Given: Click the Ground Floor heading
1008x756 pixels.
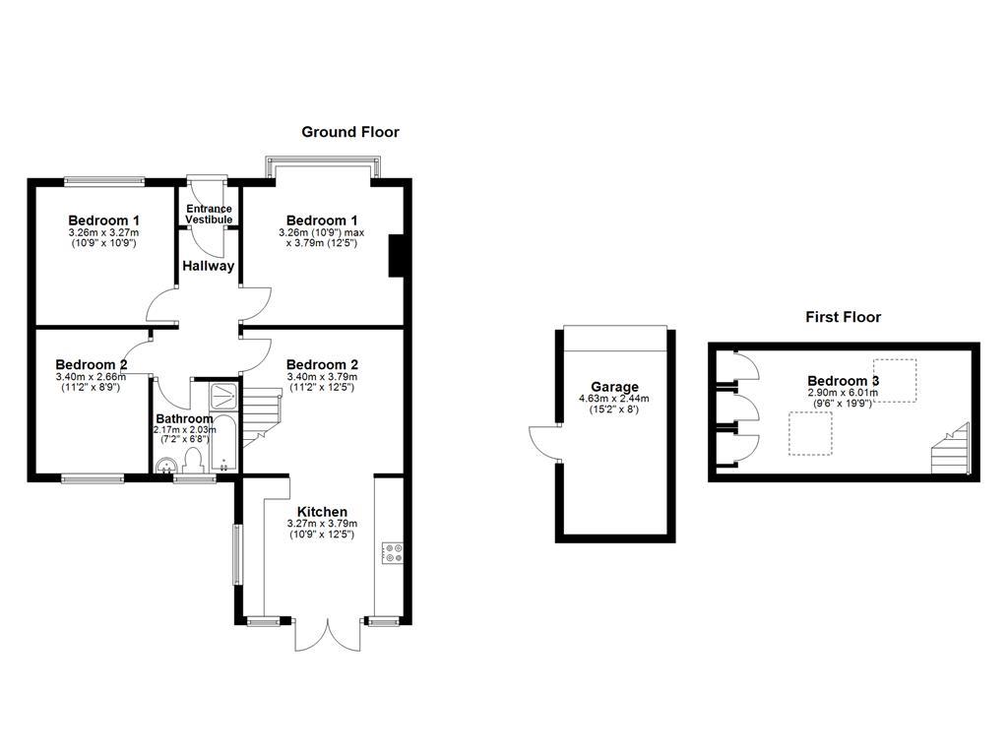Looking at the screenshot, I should [350, 132].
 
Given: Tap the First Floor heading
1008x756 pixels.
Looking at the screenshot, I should [843, 317].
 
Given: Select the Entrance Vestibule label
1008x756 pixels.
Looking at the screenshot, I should [209, 214].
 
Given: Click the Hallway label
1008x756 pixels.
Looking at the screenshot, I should [208, 266].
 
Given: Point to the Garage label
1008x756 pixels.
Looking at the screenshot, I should [614, 387].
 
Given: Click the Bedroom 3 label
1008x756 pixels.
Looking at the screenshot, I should [843, 381].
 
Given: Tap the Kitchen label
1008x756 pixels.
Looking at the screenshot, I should [322, 512].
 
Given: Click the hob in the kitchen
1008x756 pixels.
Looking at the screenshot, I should [390, 553].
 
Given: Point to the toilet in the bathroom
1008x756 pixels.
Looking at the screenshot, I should [193, 461].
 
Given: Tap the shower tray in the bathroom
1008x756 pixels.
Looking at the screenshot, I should [224, 395].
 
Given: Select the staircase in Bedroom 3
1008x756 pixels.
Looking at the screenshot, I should [951, 450].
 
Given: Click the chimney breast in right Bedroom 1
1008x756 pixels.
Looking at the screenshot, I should [397, 257].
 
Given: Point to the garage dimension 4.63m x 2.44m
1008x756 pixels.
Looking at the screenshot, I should [614, 399].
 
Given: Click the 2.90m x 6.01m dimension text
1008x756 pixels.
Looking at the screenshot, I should [843, 393].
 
